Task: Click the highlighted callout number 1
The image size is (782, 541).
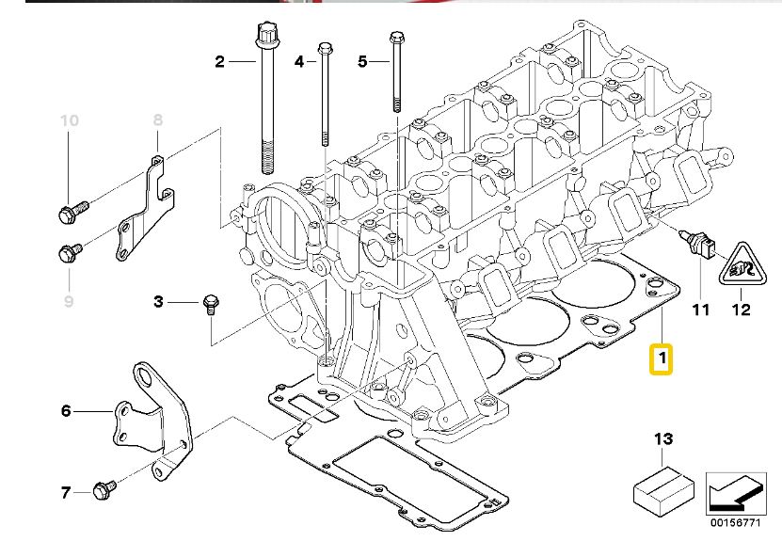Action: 661,359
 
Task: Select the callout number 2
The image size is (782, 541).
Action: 220,62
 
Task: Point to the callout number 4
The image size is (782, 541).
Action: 298,62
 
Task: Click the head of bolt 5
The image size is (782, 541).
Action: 396,37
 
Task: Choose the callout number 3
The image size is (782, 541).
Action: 158,302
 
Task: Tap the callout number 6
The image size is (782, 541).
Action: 66,411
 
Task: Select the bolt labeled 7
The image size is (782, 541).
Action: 104,489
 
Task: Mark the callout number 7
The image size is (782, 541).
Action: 65,493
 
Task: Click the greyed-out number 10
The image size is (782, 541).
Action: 70,120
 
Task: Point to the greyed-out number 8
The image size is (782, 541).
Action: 157,119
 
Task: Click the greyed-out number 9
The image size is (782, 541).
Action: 69,301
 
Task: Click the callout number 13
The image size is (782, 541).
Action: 663,439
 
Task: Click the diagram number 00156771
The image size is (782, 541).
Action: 736,522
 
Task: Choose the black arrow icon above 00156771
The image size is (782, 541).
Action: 736,493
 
